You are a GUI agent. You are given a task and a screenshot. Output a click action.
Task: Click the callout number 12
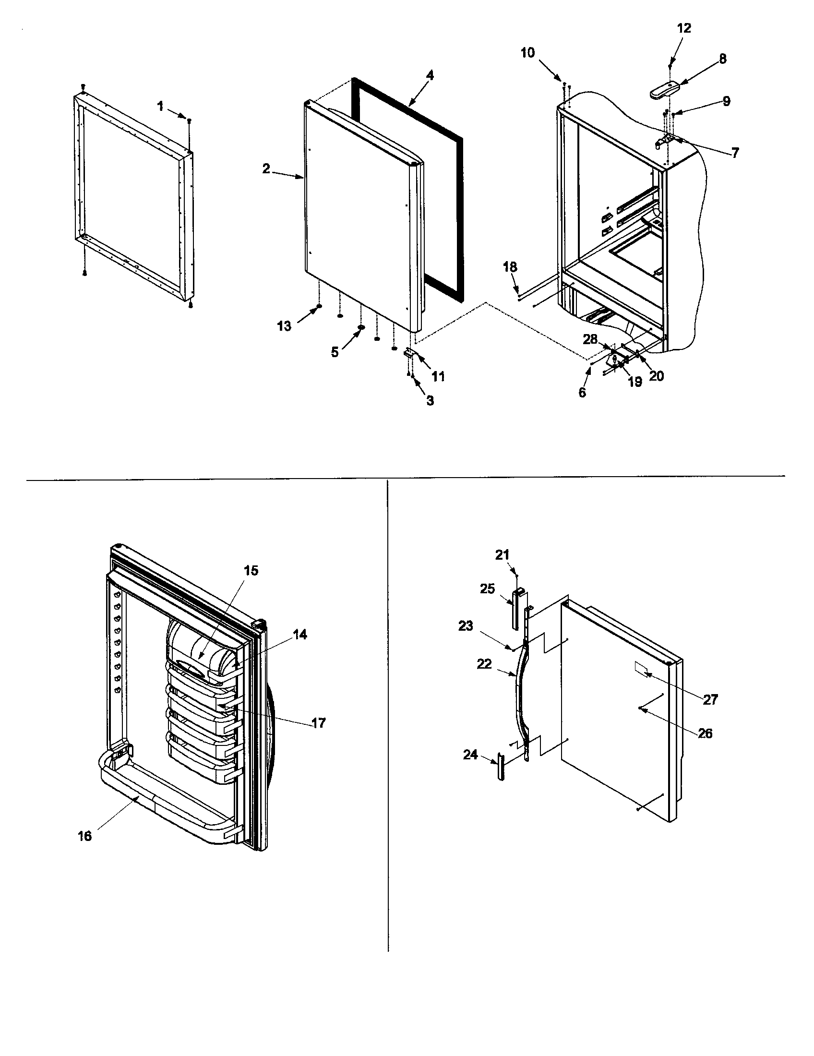pyautogui.click(x=684, y=28)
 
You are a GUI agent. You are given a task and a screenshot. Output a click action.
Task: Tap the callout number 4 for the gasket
pyautogui.click(x=430, y=75)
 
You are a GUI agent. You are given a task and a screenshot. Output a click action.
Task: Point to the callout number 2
pyautogui.click(x=266, y=169)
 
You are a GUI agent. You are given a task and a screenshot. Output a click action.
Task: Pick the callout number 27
pyautogui.click(x=710, y=699)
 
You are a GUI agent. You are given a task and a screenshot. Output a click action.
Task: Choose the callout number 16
pyautogui.click(x=84, y=836)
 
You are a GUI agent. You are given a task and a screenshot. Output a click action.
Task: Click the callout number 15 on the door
pyautogui.click(x=251, y=571)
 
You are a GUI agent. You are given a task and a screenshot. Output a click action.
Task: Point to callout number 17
pyautogui.click(x=319, y=723)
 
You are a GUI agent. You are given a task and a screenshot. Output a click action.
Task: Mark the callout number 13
pyautogui.click(x=284, y=326)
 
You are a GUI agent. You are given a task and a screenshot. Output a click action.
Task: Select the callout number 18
pyautogui.click(x=510, y=267)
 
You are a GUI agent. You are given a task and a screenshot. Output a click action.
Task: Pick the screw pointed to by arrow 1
pyautogui.click(x=190, y=120)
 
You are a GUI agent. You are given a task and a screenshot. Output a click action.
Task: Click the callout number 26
pyautogui.click(x=705, y=733)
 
